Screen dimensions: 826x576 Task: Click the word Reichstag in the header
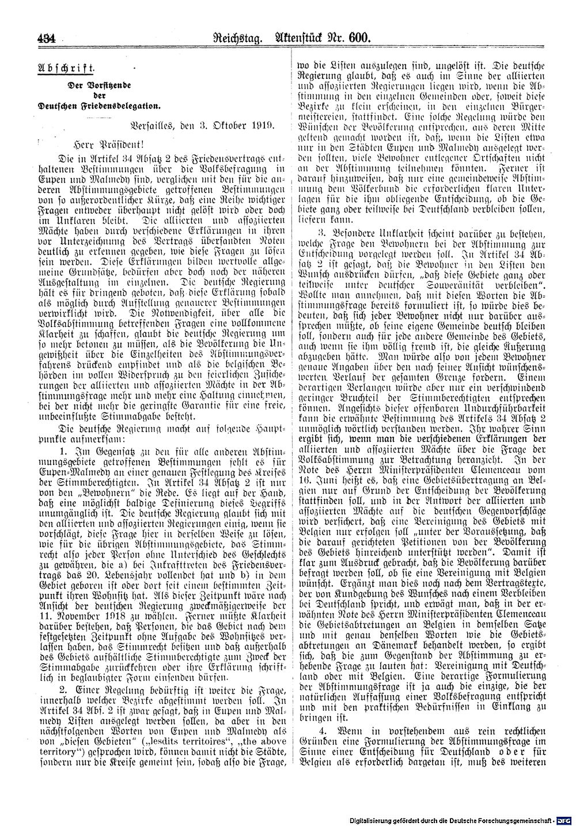pyautogui.click(x=236, y=40)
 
